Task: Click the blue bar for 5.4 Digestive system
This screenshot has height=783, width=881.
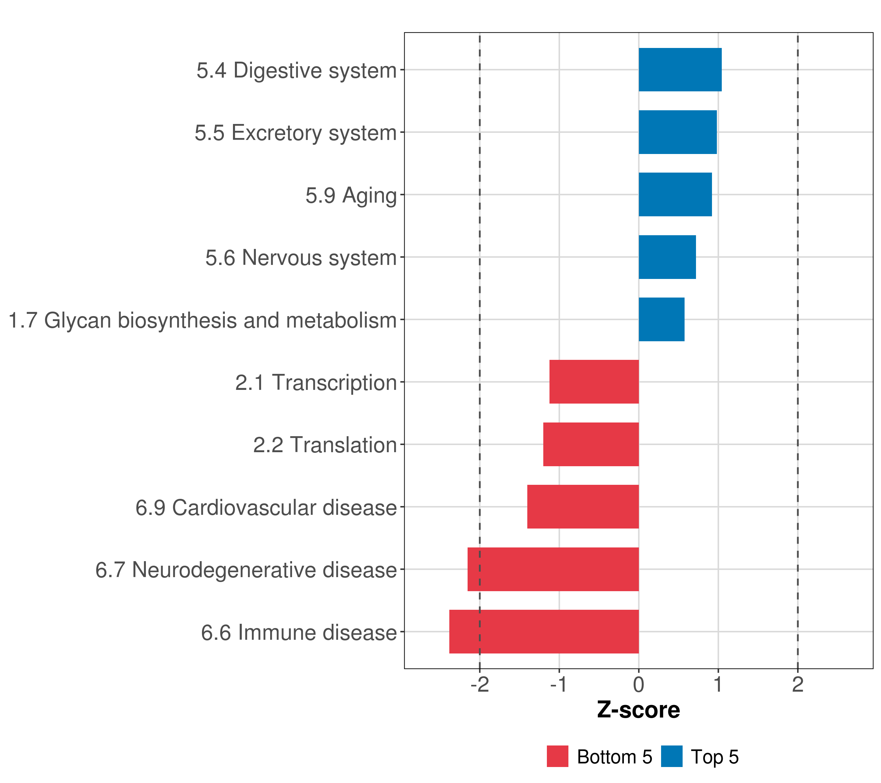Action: (680, 70)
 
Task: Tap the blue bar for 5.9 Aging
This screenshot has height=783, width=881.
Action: (675, 194)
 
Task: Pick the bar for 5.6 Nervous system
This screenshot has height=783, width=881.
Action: (667, 257)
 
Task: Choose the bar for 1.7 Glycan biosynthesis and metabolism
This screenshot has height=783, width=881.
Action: (661, 319)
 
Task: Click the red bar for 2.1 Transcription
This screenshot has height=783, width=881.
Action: (594, 382)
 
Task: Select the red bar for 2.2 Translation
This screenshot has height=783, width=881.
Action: (591, 444)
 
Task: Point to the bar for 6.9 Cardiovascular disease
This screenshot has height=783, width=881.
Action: (583, 507)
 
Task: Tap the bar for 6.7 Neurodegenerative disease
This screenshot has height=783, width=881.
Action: (553, 569)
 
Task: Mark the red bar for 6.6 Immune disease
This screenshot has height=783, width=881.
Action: (544, 632)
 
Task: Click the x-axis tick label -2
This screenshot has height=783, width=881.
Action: (479, 685)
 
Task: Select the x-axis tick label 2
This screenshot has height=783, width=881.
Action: (797, 685)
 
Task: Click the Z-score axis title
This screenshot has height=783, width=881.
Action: (638, 710)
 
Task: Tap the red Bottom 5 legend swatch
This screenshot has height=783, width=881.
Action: (557, 756)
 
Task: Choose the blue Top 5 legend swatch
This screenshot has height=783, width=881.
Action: (672, 756)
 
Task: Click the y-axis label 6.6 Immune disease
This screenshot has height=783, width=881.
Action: (299, 633)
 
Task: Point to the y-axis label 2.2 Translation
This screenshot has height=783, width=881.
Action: (325, 445)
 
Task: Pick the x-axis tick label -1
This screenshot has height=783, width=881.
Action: (559, 685)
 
